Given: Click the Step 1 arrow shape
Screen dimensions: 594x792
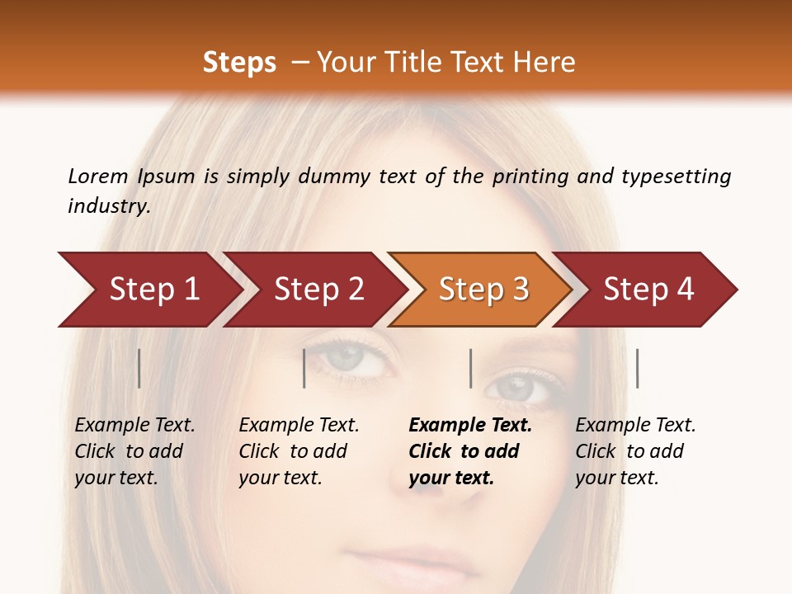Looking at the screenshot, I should (x=148, y=290).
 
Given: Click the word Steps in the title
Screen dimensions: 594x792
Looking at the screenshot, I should (x=239, y=63).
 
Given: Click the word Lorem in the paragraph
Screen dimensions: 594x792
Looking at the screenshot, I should (x=97, y=176).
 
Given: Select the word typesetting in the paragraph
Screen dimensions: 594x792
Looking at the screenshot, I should (x=676, y=177).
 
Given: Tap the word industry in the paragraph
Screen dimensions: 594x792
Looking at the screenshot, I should (x=108, y=205).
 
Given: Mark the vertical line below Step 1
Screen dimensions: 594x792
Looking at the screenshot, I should (x=139, y=368).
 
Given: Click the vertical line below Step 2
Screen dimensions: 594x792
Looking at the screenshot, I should (x=304, y=368).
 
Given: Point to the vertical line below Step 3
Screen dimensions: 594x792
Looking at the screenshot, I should (x=470, y=368).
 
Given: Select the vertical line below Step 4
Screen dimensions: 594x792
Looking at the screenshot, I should (x=637, y=368).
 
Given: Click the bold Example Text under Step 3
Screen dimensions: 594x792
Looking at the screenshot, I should (x=470, y=426).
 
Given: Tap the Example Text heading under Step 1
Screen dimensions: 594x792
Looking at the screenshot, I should (x=134, y=426).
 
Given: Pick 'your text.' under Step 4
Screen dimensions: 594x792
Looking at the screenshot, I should (x=616, y=478).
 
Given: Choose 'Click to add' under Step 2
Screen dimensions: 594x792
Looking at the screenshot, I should (x=293, y=451).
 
